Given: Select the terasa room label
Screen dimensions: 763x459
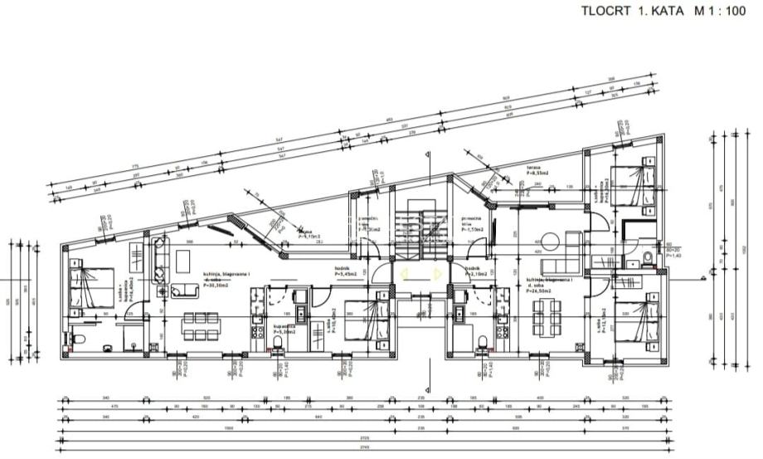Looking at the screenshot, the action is (534, 168).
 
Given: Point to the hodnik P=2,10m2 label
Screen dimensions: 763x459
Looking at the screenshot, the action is (474, 272).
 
